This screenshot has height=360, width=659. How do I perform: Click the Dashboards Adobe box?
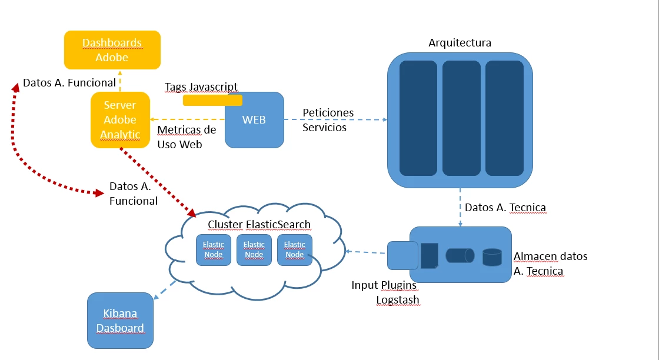[112, 50]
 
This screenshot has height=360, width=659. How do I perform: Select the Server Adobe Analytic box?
[120, 120]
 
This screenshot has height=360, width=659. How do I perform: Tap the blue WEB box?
[254, 120]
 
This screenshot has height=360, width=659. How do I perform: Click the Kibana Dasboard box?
[120, 320]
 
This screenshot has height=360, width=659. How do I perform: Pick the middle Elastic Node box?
[254, 249]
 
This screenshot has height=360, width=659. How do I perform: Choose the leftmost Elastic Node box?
[214, 249]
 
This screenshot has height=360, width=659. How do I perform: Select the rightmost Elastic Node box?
[295, 249]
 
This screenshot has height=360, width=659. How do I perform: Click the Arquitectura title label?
[460, 43]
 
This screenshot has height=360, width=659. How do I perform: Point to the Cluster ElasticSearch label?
[259, 225]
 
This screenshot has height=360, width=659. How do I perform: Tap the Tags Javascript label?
[201, 87]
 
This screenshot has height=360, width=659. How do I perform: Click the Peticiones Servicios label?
[328, 119]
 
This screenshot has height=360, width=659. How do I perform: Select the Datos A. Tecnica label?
[505, 207]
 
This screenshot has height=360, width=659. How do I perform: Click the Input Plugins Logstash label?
[385, 292]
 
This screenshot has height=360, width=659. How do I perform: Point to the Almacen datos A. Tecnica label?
[550, 264]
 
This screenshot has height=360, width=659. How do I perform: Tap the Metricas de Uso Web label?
[187, 136]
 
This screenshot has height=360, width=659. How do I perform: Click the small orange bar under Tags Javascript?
[212, 101]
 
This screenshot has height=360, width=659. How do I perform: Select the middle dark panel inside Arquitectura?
[461, 118]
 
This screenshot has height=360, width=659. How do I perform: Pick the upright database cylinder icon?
[492, 256]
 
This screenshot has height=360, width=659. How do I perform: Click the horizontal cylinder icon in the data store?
[460, 255]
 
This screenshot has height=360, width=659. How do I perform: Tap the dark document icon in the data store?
[430, 255]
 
